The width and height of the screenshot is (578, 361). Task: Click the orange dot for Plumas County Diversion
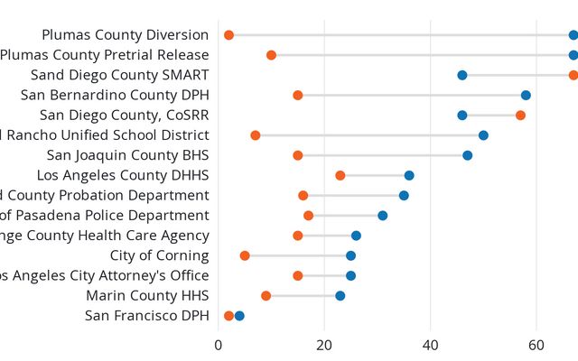tap(228, 35)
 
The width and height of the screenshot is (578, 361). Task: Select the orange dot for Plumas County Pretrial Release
tap(271, 55)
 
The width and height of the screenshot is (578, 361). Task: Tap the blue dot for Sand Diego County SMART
tap(462, 75)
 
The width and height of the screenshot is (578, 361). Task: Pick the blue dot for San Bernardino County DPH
tap(526, 95)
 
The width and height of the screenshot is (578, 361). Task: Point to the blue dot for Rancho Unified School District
tap(483, 135)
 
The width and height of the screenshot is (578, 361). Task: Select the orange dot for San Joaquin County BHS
tap(297, 155)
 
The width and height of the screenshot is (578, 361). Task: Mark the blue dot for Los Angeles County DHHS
tap(409, 175)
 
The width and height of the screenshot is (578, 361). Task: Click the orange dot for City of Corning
tap(245, 255)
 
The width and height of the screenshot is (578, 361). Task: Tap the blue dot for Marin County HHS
tap(340, 295)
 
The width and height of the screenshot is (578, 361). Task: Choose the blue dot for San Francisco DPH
tap(239, 316)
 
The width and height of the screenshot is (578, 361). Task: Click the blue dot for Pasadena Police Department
tap(383, 216)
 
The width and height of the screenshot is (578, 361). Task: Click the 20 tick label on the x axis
tap(324, 344)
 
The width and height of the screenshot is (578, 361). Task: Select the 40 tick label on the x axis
tap(431, 344)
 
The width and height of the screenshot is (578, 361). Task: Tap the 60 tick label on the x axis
tap(536, 344)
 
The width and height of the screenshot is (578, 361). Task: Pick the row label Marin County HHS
tap(147, 295)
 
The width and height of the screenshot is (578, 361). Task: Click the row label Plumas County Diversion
tap(126, 35)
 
